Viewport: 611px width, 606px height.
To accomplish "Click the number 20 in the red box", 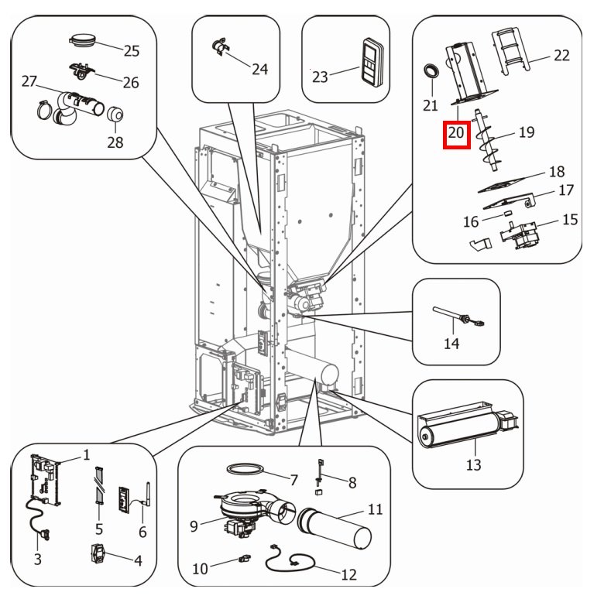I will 455,134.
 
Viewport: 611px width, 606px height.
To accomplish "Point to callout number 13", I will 473,464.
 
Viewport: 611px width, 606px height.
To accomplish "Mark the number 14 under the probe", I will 452,344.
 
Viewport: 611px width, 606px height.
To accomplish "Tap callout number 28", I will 115,142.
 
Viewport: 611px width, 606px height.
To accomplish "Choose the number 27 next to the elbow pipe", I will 29,81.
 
